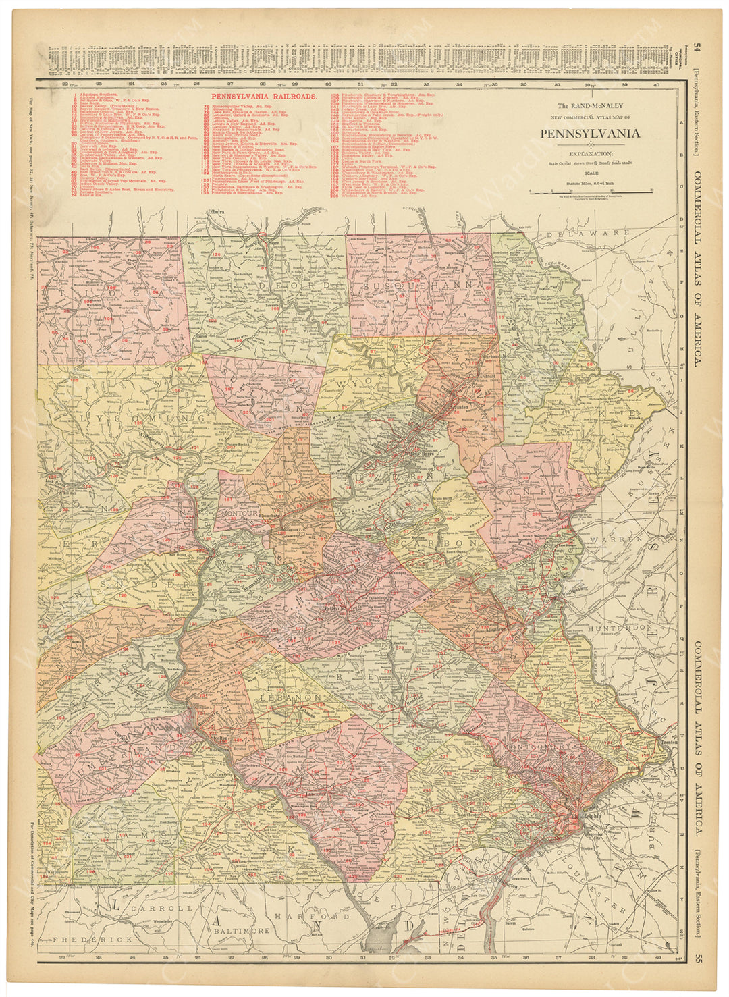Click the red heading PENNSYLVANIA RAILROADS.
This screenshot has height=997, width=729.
(264, 97)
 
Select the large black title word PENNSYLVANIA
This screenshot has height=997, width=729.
(589, 133)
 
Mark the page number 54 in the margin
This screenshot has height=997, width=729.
(697, 47)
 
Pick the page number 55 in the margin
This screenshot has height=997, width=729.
(698, 955)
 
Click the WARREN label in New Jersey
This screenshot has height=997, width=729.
(613, 540)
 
